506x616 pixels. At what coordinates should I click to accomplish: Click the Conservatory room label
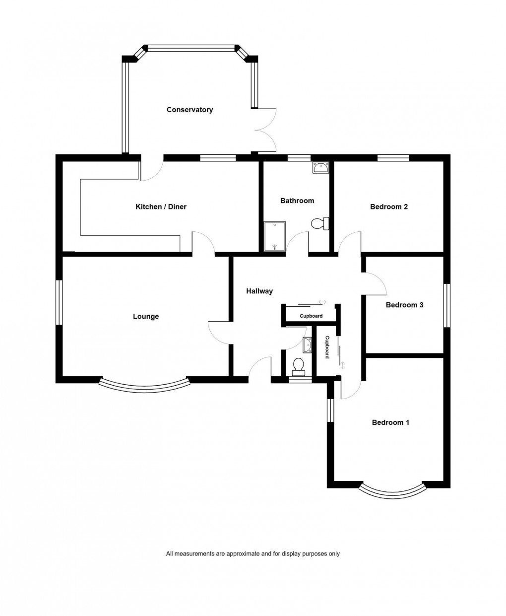pos(190,110)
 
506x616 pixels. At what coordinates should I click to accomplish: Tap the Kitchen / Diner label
pos(161,206)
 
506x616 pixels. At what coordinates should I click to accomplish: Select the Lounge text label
pos(146,316)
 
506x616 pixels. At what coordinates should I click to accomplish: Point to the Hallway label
pos(259,291)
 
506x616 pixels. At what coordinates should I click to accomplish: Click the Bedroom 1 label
pos(390,422)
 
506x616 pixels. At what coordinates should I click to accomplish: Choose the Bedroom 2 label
pos(389,206)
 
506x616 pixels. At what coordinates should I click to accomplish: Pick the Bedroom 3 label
pos(404,305)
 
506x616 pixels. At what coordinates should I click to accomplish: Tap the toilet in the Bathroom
pos(320,224)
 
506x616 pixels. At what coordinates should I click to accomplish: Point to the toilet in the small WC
pos(299,365)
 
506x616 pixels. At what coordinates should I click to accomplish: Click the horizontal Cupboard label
pos(311,316)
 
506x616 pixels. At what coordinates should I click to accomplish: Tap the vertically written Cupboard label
pos(327,347)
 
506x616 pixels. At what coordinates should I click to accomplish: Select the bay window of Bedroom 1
pos(392,491)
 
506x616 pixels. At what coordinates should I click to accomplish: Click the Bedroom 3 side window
pos(446,305)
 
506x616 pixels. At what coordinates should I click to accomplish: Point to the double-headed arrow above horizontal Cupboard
pos(323,302)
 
